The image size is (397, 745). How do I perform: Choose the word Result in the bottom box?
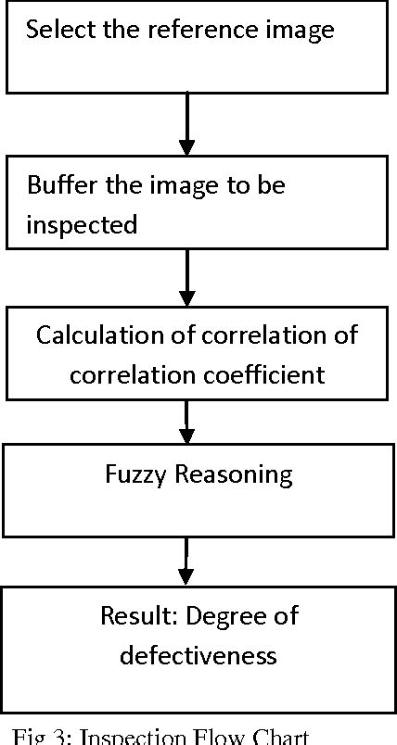pos(129,616)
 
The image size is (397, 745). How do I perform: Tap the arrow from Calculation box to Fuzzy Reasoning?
pos(187,422)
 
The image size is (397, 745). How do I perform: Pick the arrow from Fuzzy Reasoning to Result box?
pos(187,561)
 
